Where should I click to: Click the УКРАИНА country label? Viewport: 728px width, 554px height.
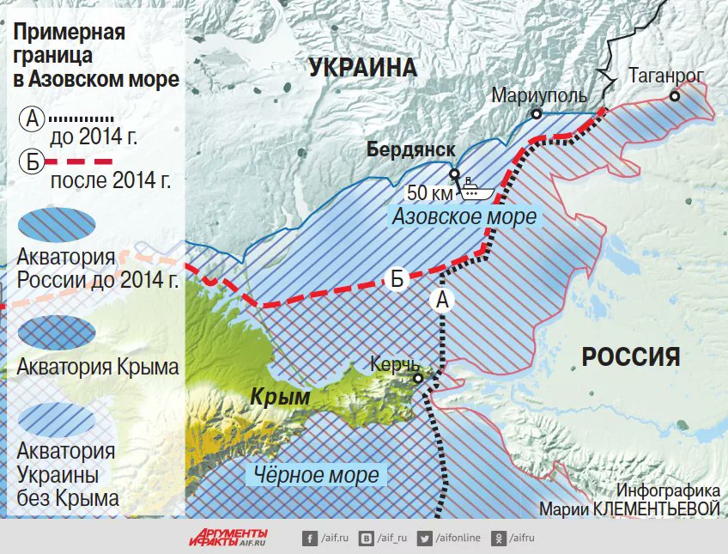(x=362, y=68)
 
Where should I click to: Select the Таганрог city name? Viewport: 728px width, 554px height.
(x=665, y=76)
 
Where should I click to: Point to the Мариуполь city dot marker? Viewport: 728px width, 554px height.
(x=537, y=113)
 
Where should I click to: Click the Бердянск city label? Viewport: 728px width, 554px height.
(x=410, y=149)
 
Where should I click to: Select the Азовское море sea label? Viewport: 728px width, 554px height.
(x=464, y=216)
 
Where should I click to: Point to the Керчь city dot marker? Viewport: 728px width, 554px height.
(x=418, y=377)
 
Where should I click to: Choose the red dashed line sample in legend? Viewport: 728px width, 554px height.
(x=79, y=161)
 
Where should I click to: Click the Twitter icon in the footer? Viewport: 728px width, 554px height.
(x=423, y=539)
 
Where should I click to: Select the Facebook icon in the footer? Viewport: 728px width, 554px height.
(x=309, y=539)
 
